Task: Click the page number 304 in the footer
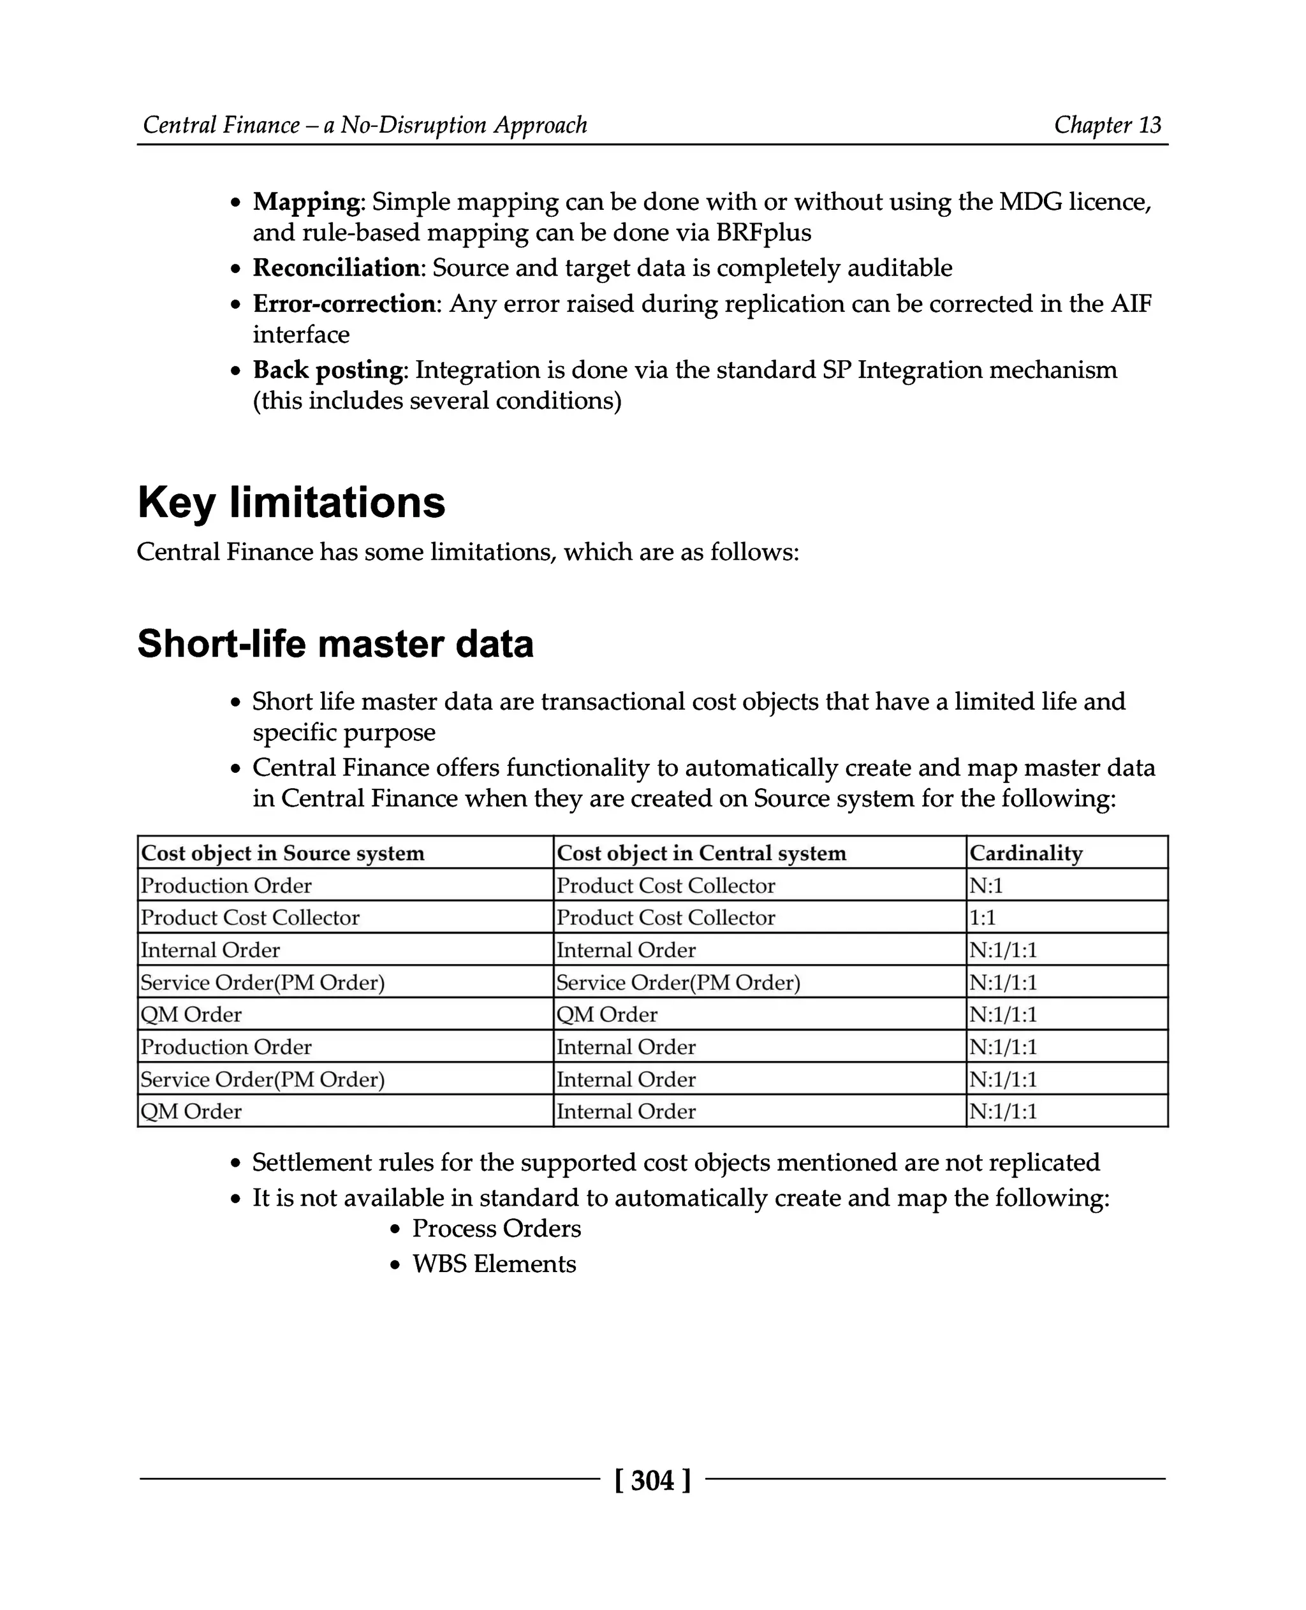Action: tap(652, 1480)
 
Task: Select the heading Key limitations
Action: tap(291, 502)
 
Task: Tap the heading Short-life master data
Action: tap(335, 644)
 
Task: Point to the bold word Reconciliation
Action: tap(336, 268)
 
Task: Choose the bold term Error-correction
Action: tap(344, 304)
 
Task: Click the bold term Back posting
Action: tap(328, 370)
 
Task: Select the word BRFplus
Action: tap(763, 233)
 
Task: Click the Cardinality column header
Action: tap(1025, 853)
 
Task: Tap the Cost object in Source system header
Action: tap(283, 853)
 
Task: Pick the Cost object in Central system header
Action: tap(701, 853)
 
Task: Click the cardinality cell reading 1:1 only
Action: tap(983, 918)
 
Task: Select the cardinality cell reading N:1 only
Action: tap(987, 886)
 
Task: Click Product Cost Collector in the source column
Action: tap(251, 918)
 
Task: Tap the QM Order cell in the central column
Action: tap(607, 1015)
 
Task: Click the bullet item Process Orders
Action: tap(497, 1229)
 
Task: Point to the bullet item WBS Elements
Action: tap(494, 1264)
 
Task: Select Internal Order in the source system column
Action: tap(210, 950)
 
